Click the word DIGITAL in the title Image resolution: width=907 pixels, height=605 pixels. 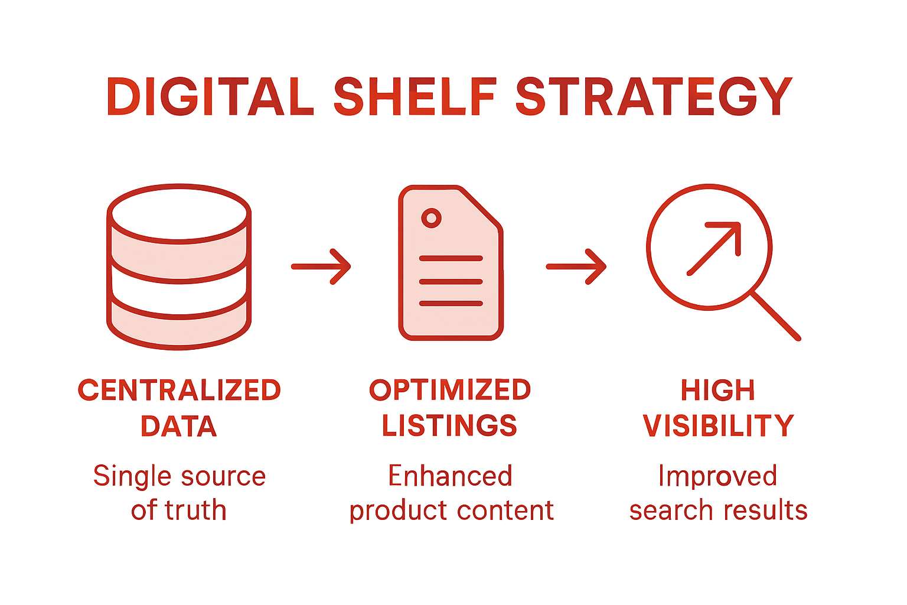coord(210,97)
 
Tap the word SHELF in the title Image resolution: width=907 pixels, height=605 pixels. coord(415,97)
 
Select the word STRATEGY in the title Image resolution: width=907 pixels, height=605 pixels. coord(654,97)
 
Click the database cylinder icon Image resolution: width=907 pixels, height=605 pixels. coord(179,266)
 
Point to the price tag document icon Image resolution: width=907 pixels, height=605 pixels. coord(451,264)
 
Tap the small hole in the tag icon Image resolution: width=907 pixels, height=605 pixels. coord(432,218)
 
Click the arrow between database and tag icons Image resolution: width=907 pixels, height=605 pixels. coord(321,266)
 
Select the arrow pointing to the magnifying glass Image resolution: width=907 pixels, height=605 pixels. coord(576,266)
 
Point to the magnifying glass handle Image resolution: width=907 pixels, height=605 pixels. coord(776,316)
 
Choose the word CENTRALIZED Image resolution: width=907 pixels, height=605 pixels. coord(180,391)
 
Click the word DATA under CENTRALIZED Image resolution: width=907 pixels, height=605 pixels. coord(179,427)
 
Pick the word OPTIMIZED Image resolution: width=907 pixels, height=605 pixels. coord(450,390)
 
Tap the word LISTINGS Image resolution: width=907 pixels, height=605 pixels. coord(449,426)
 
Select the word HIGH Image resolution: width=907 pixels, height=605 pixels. coord(718,391)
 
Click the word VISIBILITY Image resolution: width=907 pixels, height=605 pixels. coord(718,426)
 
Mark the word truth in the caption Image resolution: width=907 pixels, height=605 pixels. coord(195,510)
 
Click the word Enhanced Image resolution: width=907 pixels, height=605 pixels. coord(450,476)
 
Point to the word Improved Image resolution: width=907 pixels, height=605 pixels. coord(717,476)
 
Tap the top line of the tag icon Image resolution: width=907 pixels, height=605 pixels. coord(451,259)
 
